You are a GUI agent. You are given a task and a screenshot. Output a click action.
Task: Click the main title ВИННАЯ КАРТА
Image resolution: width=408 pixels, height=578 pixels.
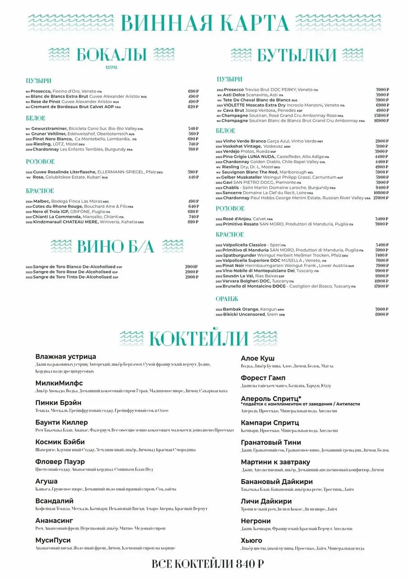click(x=205, y=23)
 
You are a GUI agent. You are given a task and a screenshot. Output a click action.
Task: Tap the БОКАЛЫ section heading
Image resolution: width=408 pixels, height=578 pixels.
click(x=111, y=55)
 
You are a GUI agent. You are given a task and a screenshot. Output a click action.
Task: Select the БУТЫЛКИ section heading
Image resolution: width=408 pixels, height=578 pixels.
click(x=297, y=55)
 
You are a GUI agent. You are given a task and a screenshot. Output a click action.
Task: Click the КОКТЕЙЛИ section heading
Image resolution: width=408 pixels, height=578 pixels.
click(x=198, y=338)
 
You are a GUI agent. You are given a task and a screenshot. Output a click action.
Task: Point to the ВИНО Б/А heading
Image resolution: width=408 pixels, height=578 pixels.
click(x=116, y=246)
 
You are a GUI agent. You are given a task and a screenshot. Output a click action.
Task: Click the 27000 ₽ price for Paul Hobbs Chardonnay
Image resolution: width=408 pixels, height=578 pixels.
click(x=381, y=198)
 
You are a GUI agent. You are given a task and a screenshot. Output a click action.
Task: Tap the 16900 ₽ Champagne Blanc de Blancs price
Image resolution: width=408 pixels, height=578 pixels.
click(x=381, y=121)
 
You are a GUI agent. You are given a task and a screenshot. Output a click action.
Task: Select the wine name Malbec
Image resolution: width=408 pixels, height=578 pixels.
click(x=41, y=201)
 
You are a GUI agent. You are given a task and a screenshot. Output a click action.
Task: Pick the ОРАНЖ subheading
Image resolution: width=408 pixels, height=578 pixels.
click(x=227, y=299)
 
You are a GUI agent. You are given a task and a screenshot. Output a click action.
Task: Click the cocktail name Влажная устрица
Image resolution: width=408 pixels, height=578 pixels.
click(x=65, y=357)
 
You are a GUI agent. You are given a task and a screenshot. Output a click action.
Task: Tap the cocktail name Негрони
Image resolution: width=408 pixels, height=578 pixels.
click(x=255, y=521)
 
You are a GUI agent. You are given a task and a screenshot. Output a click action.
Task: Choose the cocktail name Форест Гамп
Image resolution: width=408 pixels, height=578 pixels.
click(x=263, y=378)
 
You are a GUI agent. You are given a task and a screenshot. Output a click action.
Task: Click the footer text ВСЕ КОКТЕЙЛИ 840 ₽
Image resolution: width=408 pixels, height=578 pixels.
click(x=207, y=564)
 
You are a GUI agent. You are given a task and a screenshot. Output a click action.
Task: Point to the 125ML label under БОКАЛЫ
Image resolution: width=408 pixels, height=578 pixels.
click(x=111, y=67)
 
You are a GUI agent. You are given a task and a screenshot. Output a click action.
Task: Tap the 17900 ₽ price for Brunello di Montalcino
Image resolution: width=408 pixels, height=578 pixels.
click(x=381, y=286)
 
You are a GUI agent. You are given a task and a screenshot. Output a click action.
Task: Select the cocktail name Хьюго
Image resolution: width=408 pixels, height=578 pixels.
click(x=251, y=541)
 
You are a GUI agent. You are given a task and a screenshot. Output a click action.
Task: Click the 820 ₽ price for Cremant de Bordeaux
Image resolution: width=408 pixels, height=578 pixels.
click(x=193, y=107)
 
